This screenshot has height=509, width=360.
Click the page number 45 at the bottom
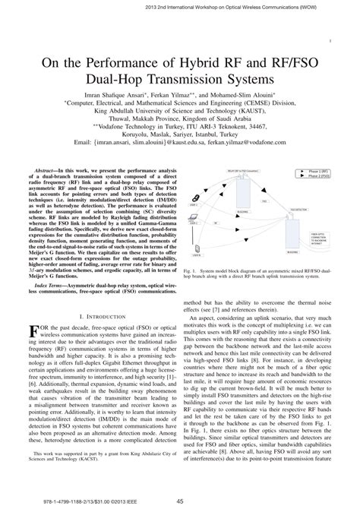(x=180, y=499)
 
